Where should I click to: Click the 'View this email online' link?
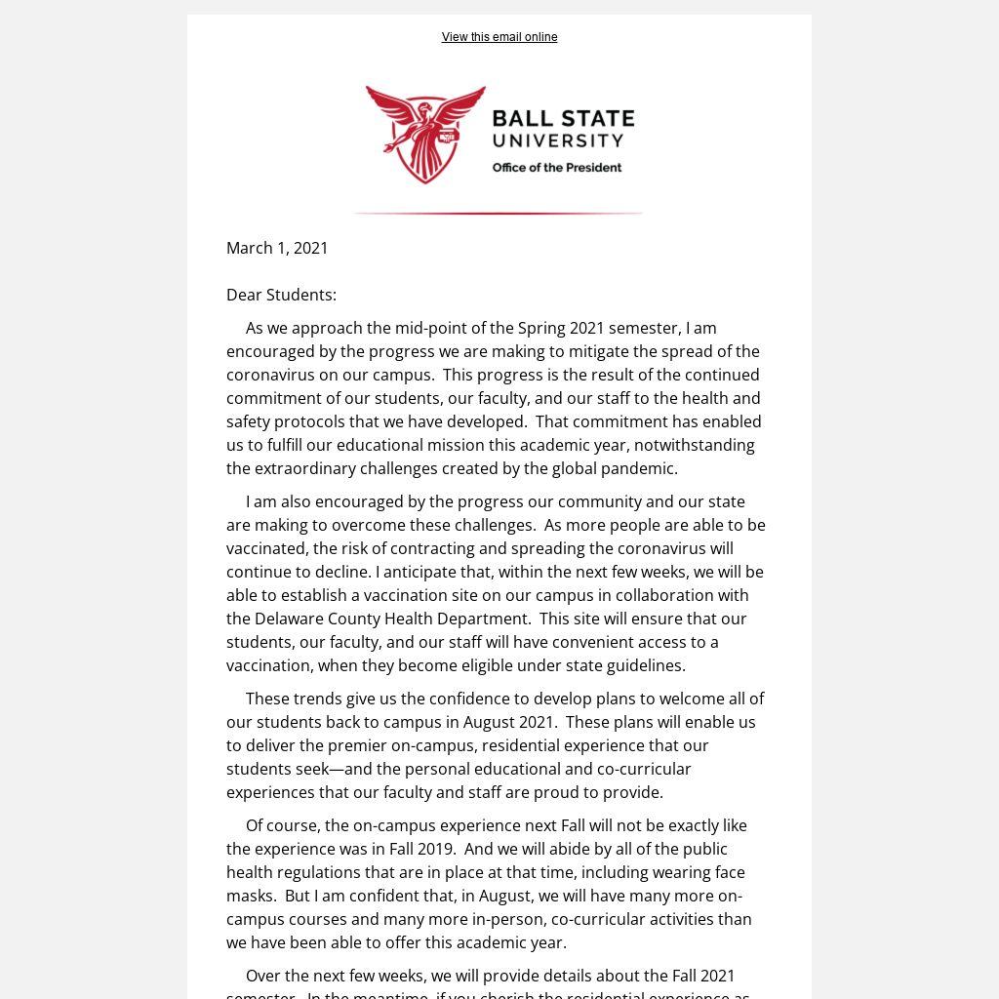pos(499,37)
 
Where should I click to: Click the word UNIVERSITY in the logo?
pos(557,140)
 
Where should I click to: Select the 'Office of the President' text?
pos(556,168)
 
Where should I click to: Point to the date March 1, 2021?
pos(277,248)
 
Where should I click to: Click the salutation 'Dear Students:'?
pos(281,295)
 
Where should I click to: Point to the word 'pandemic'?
pos(639,468)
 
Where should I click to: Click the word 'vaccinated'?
pos(266,548)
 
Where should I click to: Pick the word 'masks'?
pos(250,896)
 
